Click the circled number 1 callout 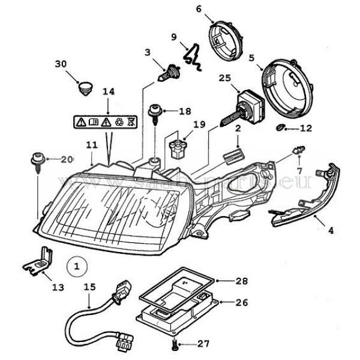76,263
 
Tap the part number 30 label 61,64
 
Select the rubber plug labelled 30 86,88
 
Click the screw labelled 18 155,112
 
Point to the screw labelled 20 35,161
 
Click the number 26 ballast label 242,303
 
